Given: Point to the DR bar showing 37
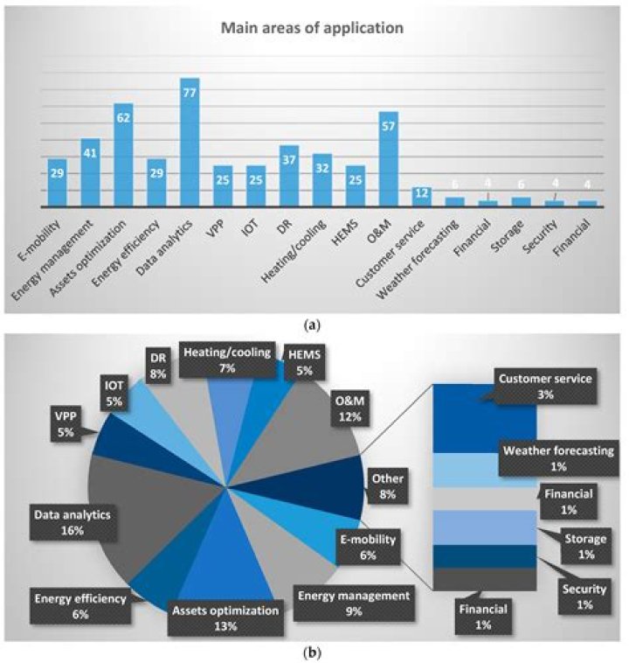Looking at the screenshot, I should point(289,176).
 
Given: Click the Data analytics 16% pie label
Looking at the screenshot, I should point(72,522).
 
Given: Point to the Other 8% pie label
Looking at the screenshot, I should point(387,487).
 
